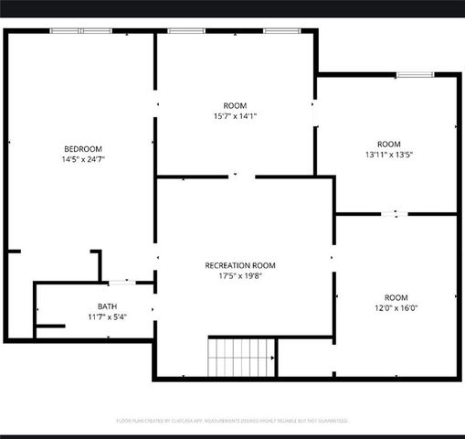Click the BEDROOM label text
pos(82,149)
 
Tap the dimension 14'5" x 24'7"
pos(82,160)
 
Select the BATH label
pos(107,306)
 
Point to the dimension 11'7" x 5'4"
pos(107,317)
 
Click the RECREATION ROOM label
pos(240,265)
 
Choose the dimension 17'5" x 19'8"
pos(240,276)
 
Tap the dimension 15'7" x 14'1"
pos(235,117)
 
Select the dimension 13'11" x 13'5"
pos(389,155)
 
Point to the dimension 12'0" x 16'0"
pos(396,309)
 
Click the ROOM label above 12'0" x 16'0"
pos(396,297)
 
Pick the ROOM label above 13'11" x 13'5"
pos(389,144)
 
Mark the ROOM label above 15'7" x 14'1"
pos(235,106)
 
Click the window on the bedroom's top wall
pos(80,31)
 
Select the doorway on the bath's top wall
pos(122,282)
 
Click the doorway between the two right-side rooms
pos(395,214)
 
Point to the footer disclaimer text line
pos(232,421)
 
